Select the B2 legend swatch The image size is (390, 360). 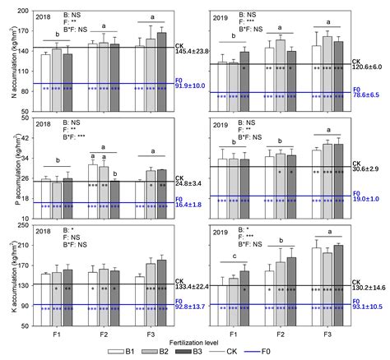pos(175,349)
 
